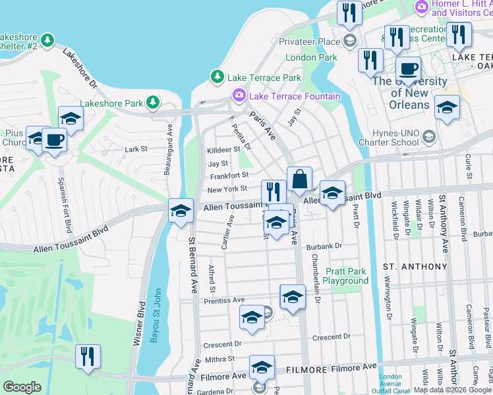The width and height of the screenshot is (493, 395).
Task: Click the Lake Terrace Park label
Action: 264,78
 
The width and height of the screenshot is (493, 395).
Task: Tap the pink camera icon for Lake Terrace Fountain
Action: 238,96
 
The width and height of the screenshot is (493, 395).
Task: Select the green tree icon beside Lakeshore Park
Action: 153,103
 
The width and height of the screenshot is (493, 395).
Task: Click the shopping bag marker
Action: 299,180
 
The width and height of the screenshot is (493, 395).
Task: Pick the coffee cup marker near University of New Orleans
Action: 409,69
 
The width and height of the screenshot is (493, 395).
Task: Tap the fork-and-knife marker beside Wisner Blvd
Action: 88,357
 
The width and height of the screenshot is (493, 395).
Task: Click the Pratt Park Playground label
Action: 345,276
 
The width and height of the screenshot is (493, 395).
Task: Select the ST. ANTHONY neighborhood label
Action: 415,267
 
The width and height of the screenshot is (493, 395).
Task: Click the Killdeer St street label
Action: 223,150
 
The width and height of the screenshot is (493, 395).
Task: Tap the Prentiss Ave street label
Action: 224,300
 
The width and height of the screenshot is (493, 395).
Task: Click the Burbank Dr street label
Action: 324,246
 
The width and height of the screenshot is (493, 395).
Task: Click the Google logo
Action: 22,387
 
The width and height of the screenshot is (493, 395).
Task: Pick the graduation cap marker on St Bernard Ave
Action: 181,211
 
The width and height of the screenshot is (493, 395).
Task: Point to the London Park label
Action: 311,57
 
